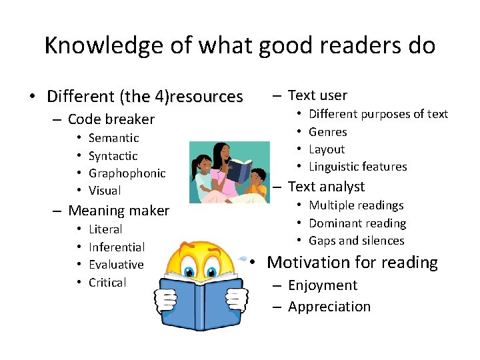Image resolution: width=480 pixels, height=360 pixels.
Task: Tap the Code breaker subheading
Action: point(111,119)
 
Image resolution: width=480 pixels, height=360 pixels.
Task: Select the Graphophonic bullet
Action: point(127,173)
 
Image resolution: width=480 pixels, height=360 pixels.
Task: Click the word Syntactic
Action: point(113,156)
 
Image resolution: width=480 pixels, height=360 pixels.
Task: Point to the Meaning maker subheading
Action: point(119,211)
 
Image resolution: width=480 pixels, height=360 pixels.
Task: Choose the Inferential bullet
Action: point(116,247)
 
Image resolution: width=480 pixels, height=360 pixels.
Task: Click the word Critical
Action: point(107,283)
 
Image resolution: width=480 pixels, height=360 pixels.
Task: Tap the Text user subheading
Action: point(317,95)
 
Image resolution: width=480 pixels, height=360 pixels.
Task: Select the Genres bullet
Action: point(327,132)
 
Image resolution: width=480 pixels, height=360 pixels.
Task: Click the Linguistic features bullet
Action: point(357,167)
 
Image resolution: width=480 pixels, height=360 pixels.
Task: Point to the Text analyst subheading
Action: point(326,187)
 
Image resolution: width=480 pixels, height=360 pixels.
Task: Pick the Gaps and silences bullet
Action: point(356,241)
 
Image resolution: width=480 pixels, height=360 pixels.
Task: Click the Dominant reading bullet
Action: point(357,223)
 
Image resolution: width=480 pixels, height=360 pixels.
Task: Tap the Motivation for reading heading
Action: point(352,263)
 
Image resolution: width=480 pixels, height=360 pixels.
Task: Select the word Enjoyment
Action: point(323,285)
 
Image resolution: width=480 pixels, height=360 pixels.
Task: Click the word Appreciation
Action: point(329,307)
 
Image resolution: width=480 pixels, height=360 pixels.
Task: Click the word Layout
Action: point(327,149)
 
